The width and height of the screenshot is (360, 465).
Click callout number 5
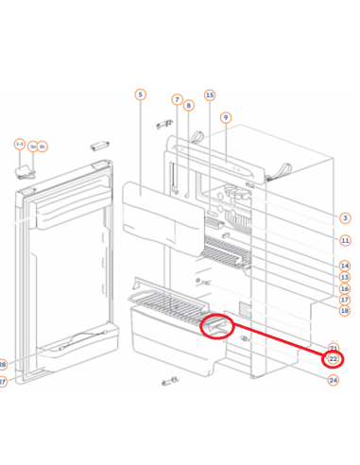pyautogui.click(x=140, y=95)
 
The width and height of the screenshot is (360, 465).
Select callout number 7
pyautogui.click(x=177, y=99)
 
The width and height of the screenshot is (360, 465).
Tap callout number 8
pyautogui.click(x=188, y=106)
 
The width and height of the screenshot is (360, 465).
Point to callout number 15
pyautogui.click(x=210, y=95)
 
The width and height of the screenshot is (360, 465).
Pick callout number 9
pyautogui.click(x=226, y=117)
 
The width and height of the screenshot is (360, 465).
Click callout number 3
pyautogui.click(x=346, y=218)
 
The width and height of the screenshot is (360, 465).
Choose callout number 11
pyautogui.click(x=346, y=241)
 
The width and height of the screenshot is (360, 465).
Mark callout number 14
pyautogui.click(x=346, y=266)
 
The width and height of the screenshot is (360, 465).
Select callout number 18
pyautogui.click(x=345, y=311)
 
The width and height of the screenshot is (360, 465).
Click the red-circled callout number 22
pyautogui.click(x=334, y=359)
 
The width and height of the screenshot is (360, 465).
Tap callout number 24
pyautogui.click(x=334, y=380)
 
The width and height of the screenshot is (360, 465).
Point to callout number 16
pyautogui.click(x=346, y=288)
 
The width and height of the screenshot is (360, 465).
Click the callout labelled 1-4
pyautogui.click(x=20, y=144)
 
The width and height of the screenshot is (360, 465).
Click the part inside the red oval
pyautogui.click(x=218, y=327)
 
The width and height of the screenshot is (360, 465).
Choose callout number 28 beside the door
pyautogui.click(x=2, y=365)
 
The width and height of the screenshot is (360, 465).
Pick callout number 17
pyautogui.click(x=346, y=300)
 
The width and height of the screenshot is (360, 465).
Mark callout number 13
pyautogui.click(x=346, y=277)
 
